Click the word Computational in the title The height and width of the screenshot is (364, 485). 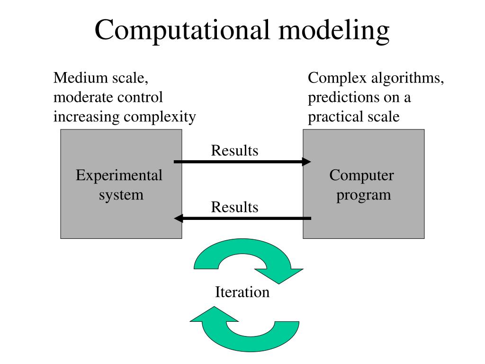(x=182, y=30)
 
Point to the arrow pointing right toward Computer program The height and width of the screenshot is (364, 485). (x=242, y=162)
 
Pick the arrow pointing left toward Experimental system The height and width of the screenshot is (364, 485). (x=242, y=218)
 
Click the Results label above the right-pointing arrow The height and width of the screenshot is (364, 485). (x=234, y=151)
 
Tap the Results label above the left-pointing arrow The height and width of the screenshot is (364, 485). (x=234, y=207)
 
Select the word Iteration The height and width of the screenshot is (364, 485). (x=242, y=292)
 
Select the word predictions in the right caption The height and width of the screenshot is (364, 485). (x=337, y=98)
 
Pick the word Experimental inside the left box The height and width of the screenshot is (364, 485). (x=119, y=176)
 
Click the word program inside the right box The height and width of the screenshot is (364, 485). (x=363, y=195)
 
